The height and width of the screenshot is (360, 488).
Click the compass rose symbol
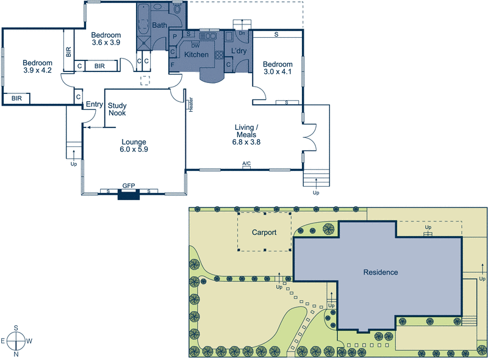coord(16,340)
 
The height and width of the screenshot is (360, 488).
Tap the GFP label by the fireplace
coord(128,185)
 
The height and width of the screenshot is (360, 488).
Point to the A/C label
coord(246,164)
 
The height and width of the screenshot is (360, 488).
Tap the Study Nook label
coord(117,109)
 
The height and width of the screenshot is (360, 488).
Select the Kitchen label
coord(196,55)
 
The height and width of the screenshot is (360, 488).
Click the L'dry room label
coord(239,51)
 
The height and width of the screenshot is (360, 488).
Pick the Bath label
coord(160,25)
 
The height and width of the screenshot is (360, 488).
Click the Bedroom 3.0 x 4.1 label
coord(278,67)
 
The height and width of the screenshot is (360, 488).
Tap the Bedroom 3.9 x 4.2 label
coord(38,67)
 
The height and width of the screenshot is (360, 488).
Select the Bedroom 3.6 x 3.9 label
coord(106,39)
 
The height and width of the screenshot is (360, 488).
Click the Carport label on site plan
coord(264,232)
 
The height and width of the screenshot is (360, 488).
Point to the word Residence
coord(380,272)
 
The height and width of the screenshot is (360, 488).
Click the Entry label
coord(94,104)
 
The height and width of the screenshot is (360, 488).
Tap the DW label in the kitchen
coord(195,45)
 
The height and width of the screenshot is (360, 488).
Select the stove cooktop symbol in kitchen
coord(218,53)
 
